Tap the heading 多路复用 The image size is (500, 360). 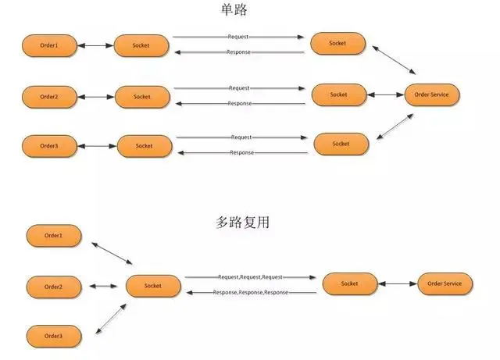243,223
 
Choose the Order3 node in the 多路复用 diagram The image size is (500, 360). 53,337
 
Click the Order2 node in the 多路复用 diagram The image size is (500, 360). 53,287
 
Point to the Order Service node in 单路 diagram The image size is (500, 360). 432,95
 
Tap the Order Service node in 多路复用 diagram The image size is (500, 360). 446,284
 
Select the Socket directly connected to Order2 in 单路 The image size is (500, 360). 142,98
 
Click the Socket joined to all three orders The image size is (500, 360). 152,287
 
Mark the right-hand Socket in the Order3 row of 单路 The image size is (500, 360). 341,144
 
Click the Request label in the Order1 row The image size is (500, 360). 238,37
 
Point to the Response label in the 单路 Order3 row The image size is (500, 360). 241,153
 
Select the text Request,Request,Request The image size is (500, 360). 250,277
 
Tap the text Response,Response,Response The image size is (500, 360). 250,292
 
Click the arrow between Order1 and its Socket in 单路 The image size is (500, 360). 95,46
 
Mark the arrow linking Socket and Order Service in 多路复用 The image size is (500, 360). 398,284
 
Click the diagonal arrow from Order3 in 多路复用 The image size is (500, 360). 112,318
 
